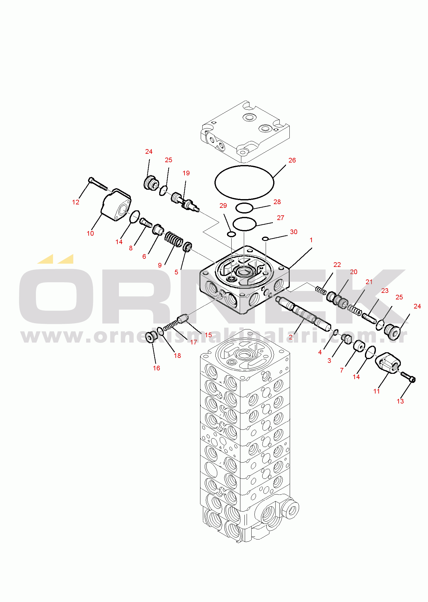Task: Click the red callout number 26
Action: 292,160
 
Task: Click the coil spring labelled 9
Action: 174,239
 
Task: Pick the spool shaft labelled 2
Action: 303,313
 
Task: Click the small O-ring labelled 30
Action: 265,239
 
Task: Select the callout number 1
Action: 311,240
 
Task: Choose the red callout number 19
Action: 186,173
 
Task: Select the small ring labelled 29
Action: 231,234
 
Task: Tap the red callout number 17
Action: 194,342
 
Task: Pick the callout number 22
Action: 337,265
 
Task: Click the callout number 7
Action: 342,370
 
